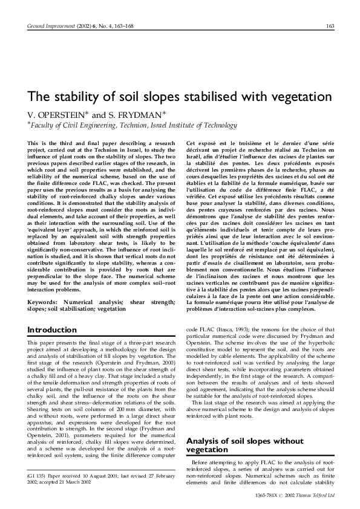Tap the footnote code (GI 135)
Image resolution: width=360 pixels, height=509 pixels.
click(x=41, y=482)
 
